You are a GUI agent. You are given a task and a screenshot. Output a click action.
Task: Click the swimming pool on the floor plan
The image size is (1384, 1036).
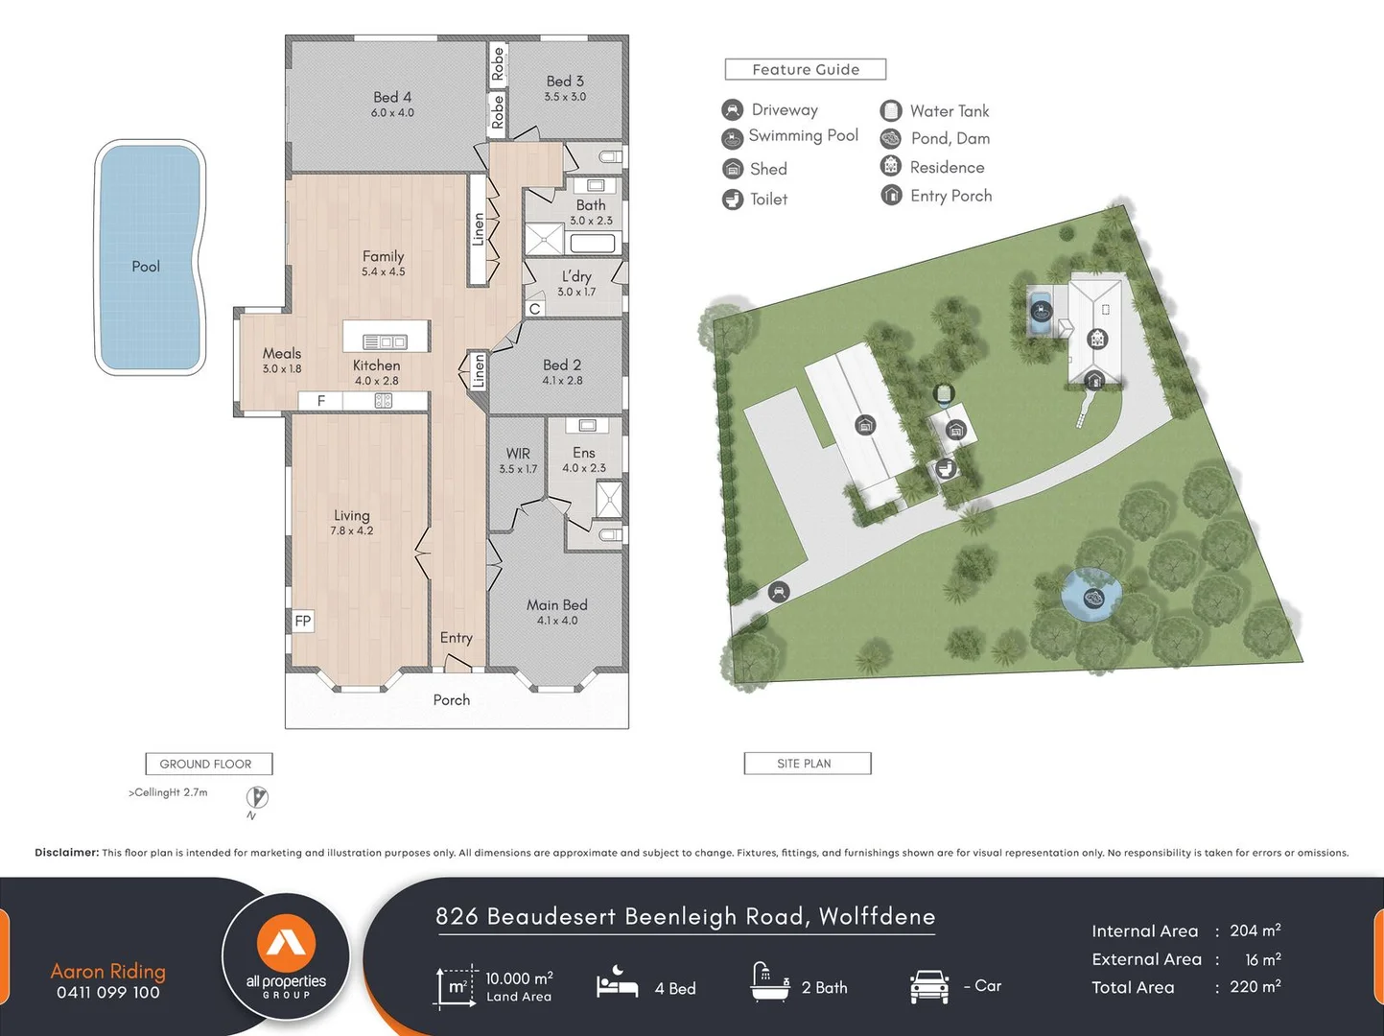150,257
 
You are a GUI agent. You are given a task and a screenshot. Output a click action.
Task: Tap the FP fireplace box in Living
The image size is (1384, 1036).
303,621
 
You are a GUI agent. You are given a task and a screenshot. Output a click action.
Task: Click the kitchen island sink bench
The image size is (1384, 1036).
386,341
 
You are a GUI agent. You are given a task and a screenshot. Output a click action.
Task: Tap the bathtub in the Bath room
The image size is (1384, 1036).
593,243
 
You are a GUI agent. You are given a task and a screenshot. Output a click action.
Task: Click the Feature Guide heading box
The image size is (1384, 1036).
805,69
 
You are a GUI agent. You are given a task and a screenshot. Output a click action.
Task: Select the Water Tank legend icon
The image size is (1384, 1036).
891,110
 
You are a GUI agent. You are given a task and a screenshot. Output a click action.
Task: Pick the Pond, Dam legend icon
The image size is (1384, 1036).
891,138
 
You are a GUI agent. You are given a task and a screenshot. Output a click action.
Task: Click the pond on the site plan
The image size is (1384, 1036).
1092,598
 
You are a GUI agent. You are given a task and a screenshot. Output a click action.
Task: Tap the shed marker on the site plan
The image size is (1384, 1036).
865,425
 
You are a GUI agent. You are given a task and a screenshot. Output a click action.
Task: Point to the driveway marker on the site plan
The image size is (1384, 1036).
779,592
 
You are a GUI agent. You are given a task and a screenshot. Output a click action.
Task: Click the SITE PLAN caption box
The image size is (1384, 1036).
807,764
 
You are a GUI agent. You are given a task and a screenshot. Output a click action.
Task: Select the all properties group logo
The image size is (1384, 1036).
286,957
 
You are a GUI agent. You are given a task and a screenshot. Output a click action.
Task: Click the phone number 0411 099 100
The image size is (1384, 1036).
108,993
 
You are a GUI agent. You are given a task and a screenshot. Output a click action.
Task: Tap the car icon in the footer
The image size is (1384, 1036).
928,986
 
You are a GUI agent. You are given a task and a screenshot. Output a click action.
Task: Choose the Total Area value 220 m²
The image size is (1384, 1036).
1255,987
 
